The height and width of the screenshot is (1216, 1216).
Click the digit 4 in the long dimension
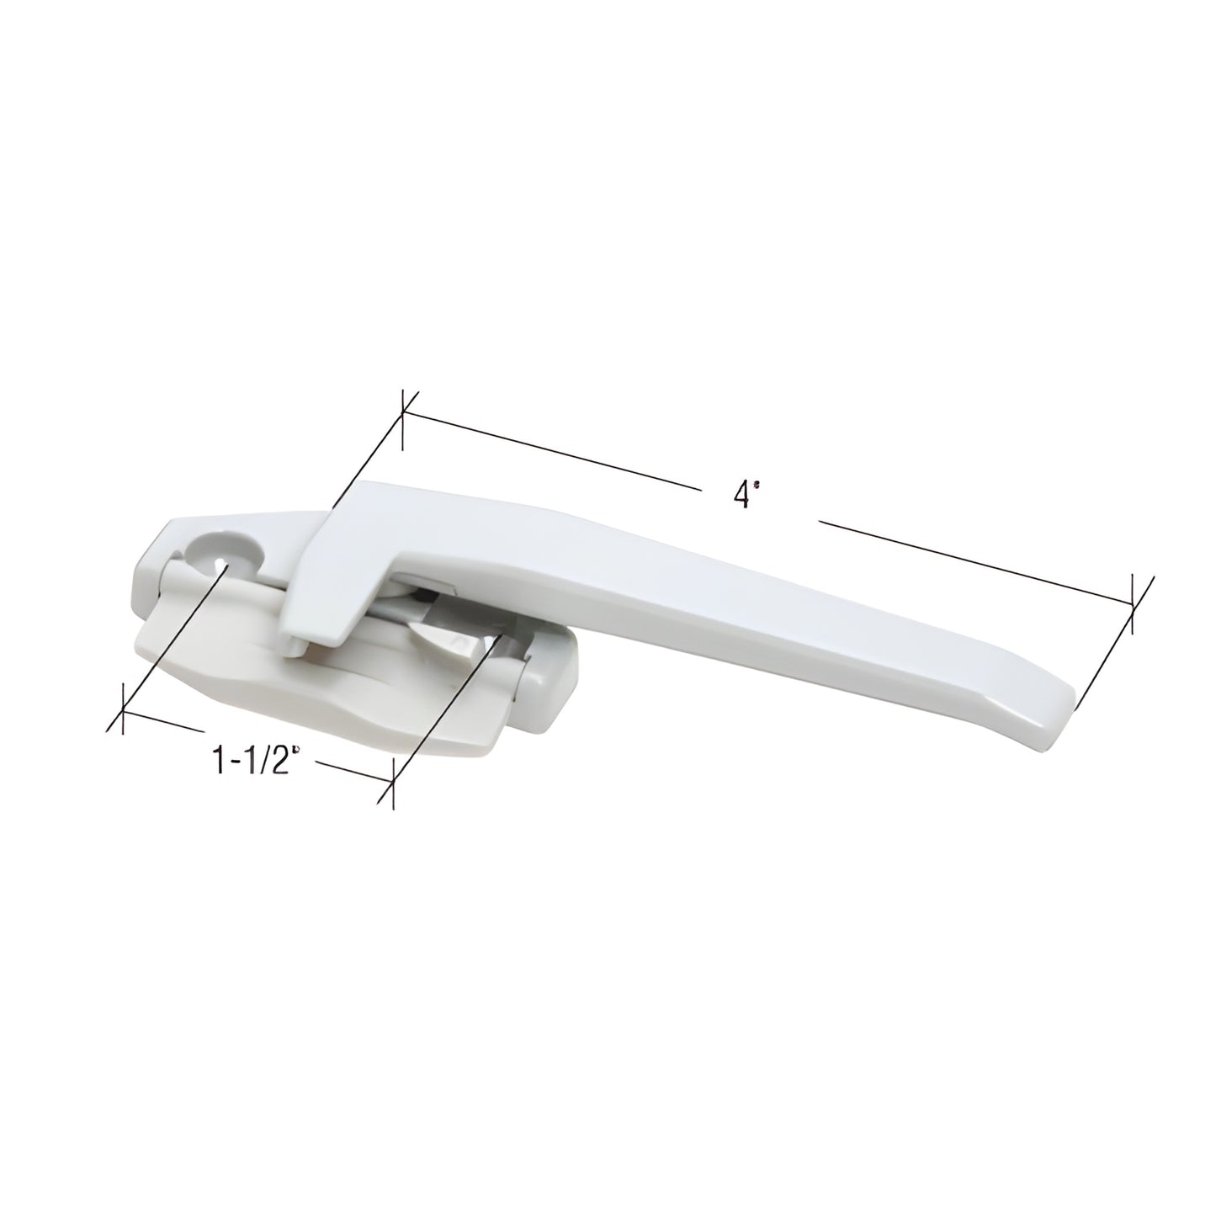tap(739, 496)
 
